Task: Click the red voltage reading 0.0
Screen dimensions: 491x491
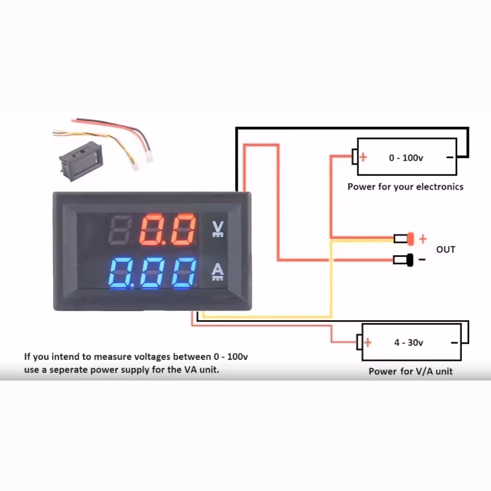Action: tap(168, 230)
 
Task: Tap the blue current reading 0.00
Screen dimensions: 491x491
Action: tap(152, 272)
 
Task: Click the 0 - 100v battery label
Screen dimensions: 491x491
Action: tap(406, 158)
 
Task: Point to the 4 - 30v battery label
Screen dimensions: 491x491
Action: tap(408, 342)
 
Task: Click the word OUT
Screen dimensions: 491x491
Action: tap(446, 250)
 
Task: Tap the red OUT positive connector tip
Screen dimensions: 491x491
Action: tap(410, 239)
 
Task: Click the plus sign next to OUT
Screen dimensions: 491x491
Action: tap(423, 239)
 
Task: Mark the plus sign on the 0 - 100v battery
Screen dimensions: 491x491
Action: tap(363, 157)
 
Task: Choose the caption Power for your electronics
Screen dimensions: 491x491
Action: tap(405, 187)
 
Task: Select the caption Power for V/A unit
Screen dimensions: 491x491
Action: tap(410, 372)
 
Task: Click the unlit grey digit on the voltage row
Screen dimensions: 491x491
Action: tap(119, 230)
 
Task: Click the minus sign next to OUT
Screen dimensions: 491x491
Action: tap(422, 259)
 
